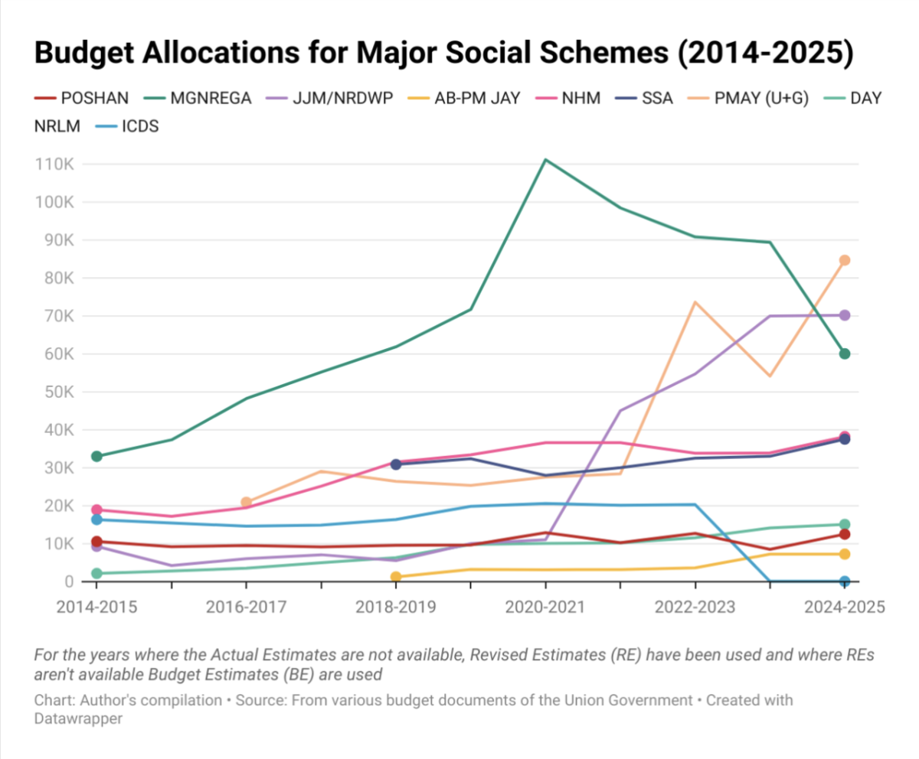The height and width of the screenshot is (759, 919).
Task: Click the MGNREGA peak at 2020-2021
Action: (545, 160)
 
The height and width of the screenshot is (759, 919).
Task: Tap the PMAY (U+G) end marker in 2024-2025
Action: (845, 260)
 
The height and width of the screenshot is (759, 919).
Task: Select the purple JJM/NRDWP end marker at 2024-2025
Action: (845, 315)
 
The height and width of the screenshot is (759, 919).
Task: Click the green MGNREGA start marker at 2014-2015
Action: (96, 456)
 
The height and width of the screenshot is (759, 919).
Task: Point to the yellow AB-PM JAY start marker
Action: (396, 577)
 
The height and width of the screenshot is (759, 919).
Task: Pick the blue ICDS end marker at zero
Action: (845, 581)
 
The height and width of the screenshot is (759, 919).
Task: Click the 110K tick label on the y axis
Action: (54, 165)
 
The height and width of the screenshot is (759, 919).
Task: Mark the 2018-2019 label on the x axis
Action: (396, 607)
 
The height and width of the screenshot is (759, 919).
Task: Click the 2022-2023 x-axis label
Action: (695, 607)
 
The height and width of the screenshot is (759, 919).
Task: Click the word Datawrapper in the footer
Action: (79, 719)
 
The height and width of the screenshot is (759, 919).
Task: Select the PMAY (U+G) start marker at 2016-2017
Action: (246, 503)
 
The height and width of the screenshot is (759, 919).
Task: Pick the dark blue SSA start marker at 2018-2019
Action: (396, 464)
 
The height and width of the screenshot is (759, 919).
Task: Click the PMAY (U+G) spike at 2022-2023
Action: (695, 301)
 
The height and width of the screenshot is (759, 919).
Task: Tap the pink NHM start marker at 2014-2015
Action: (96, 510)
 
